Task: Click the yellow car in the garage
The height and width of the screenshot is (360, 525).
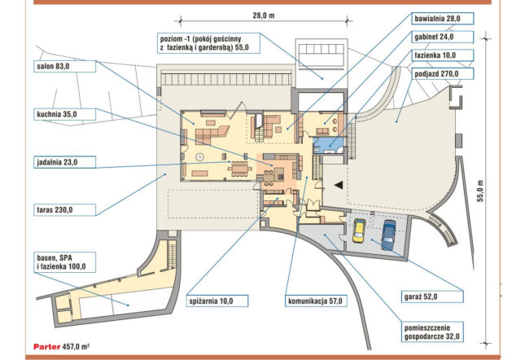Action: click(x=359, y=230)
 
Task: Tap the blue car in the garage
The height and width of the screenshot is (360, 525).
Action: click(x=388, y=235)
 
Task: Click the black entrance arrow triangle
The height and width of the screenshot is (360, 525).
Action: click(x=339, y=185)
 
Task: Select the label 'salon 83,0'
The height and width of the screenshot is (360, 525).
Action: click(x=65, y=66)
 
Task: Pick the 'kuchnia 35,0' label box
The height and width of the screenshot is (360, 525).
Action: click(x=65, y=115)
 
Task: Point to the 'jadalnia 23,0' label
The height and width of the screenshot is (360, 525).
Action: click(x=65, y=162)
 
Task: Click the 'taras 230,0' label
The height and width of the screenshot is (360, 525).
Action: click(x=65, y=210)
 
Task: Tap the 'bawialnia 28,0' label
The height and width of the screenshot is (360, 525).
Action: click(x=442, y=19)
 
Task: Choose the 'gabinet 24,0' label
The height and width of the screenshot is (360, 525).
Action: click(x=442, y=37)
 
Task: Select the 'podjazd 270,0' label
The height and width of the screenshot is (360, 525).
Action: click(x=442, y=73)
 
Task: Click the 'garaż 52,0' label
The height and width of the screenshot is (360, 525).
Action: click(x=432, y=296)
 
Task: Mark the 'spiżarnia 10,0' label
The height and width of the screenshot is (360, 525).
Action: click(x=217, y=301)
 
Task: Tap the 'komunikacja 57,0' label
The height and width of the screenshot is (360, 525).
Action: click(x=316, y=301)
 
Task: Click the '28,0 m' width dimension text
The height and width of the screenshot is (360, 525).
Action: click(x=264, y=15)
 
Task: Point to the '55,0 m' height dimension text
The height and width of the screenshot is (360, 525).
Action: click(x=480, y=191)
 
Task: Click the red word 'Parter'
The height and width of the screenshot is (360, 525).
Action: click(x=47, y=347)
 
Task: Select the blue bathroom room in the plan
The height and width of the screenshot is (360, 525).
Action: click(x=328, y=145)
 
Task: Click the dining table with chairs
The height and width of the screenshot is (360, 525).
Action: click(x=240, y=167)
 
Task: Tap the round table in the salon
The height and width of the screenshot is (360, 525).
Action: click(x=200, y=156)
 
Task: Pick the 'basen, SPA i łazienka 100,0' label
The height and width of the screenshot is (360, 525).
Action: click(x=65, y=262)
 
